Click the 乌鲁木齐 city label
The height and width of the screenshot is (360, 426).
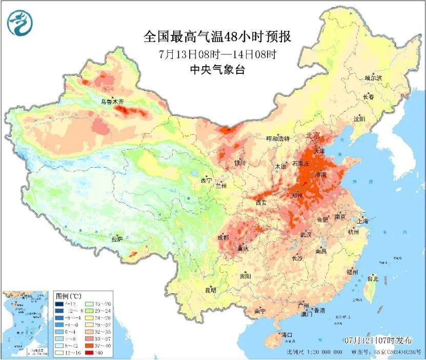coord(112,102)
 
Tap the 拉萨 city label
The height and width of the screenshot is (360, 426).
coord(117,238)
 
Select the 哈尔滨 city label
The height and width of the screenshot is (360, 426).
coord(373,77)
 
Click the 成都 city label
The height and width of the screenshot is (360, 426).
coord(223,237)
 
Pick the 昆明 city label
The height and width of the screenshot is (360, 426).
coord(211,290)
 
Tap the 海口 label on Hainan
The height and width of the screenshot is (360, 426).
coord(286,335)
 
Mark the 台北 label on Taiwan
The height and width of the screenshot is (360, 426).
coord(373,279)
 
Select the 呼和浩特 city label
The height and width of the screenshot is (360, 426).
coord(278,139)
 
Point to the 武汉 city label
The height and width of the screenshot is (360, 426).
coord(306,234)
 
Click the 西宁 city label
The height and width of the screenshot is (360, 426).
coord(206,181)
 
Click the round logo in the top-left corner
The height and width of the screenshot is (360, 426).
coord(19,22)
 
